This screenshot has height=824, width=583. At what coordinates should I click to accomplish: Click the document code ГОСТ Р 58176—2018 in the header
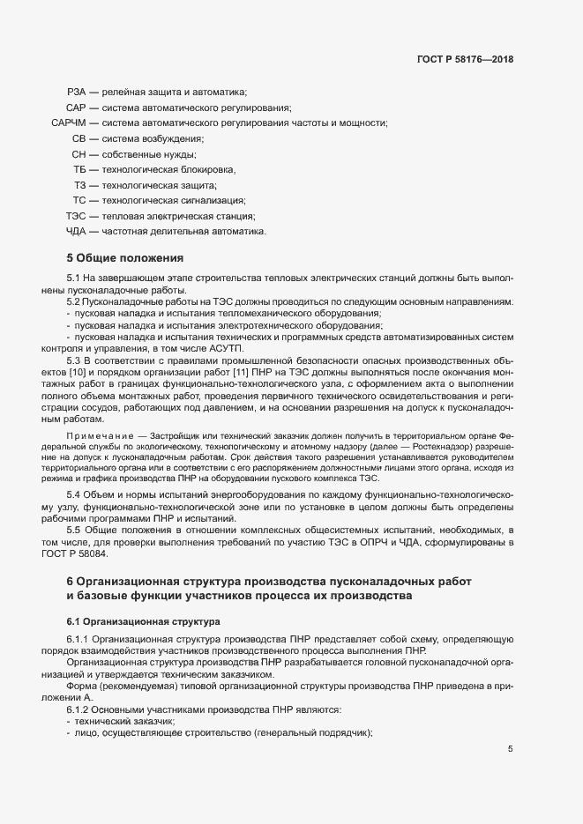pyautogui.click(x=465, y=59)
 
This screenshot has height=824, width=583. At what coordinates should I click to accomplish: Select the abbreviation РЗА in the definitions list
pyautogui.click(x=77, y=93)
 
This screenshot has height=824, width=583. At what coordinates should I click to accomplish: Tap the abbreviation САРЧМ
pyautogui.click(x=69, y=123)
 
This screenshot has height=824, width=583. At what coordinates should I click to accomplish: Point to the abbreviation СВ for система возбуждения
pyautogui.click(x=78, y=139)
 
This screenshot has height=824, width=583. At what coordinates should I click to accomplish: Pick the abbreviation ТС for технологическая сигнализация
pyautogui.click(x=78, y=201)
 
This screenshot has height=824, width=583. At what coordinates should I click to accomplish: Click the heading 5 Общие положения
pyautogui.click(x=124, y=258)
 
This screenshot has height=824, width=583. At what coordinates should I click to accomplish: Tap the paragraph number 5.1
pyautogui.click(x=74, y=278)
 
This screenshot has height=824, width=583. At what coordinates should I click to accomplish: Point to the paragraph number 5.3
pyautogui.click(x=74, y=361)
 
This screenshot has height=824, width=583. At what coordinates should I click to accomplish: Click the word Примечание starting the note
pyautogui.click(x=97, y=436)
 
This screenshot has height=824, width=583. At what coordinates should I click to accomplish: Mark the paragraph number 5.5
pyautogui.click(x=74, y=530)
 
